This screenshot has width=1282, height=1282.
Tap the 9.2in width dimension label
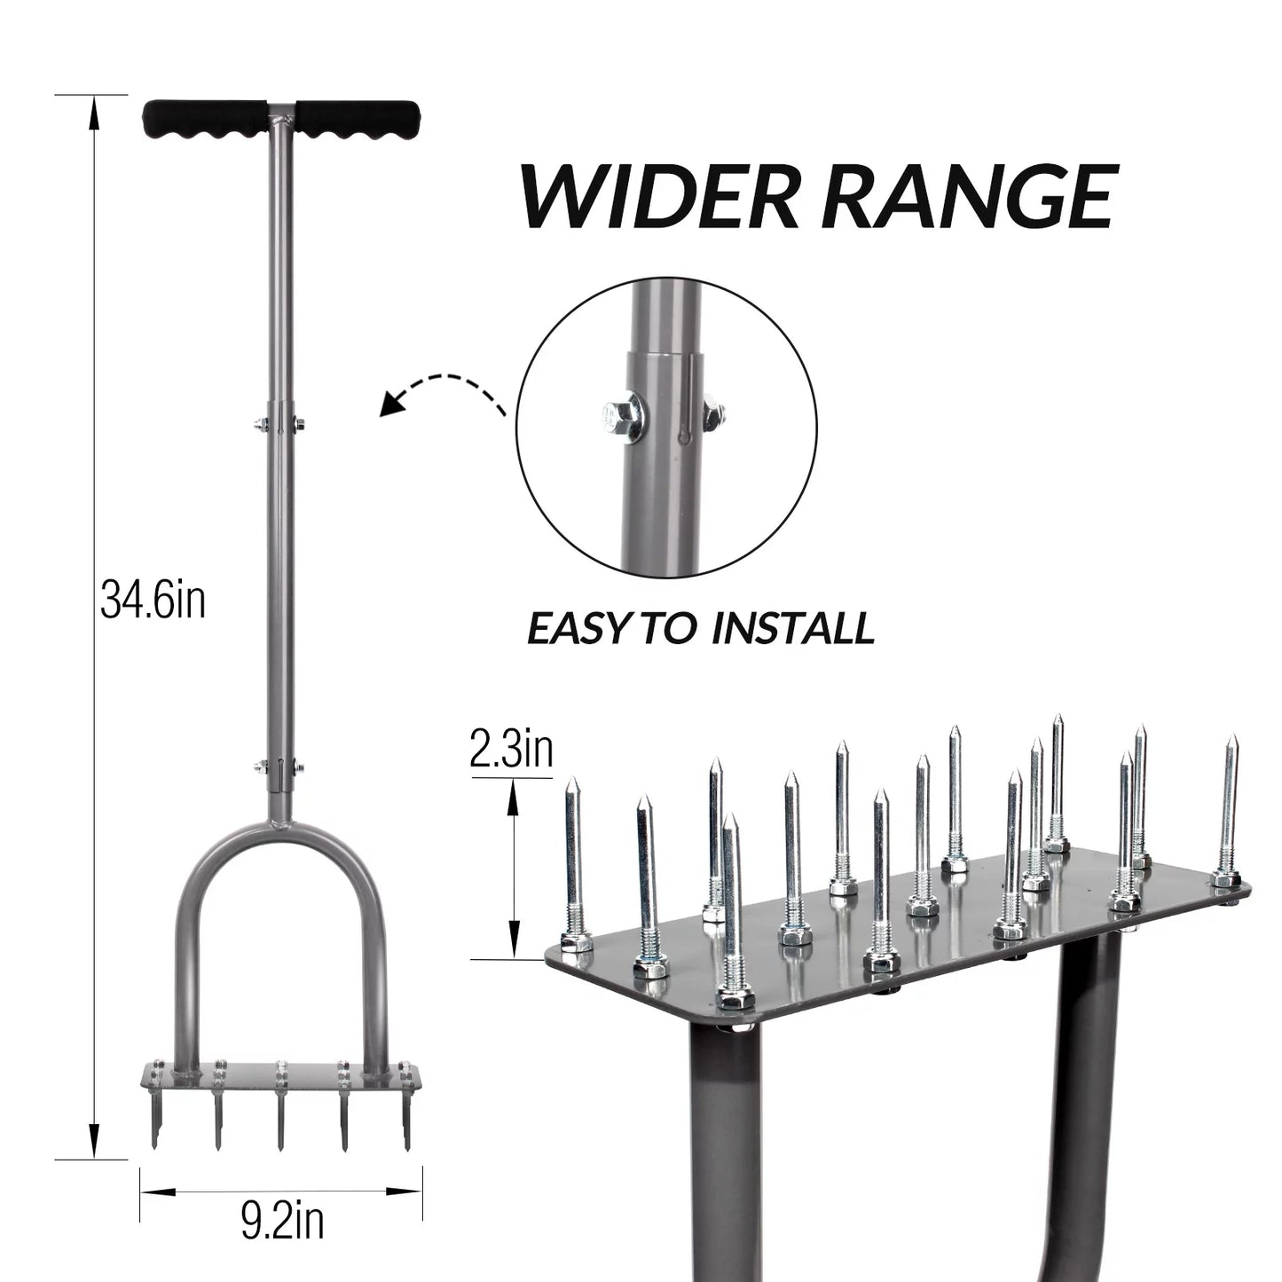[281, 1221]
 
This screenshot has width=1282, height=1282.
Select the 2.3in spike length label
[511, 749]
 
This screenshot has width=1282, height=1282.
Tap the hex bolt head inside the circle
[617, 414]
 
